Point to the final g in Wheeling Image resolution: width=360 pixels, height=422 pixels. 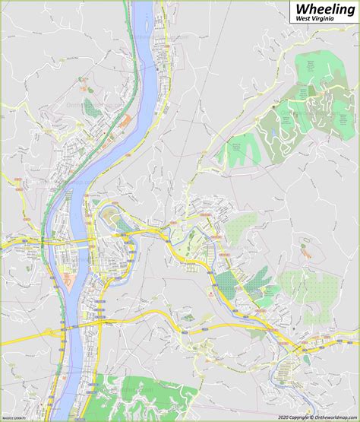point(349,11)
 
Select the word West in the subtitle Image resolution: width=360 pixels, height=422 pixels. point(302,20)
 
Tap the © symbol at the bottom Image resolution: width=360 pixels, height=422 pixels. point(295,416)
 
